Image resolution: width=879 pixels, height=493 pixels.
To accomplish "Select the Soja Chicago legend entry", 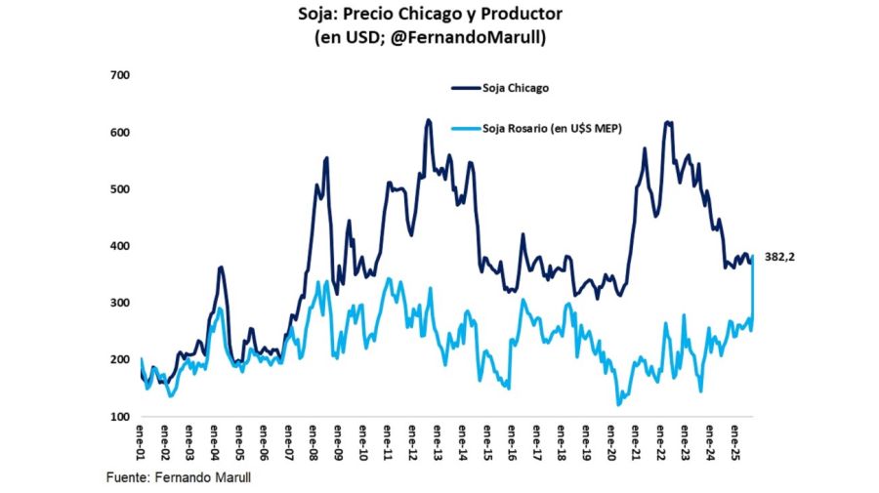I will pos(515,88).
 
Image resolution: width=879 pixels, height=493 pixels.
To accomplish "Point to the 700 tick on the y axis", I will pos(122,75).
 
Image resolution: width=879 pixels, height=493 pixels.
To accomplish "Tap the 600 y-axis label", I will pos(122,132).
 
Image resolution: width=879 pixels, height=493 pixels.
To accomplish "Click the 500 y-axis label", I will pos(122,188).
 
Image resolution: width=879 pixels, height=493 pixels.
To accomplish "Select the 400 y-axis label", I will pos(122,246).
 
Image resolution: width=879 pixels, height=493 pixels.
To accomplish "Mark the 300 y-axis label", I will pos(122,303).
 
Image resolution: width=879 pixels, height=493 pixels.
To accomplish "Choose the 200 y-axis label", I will pos(122,360).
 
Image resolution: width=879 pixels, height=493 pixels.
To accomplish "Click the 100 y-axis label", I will pos(122,417).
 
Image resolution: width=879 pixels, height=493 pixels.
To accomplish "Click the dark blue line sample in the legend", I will pos(466,88).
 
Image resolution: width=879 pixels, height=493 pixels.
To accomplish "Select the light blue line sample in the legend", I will pos(466,128).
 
